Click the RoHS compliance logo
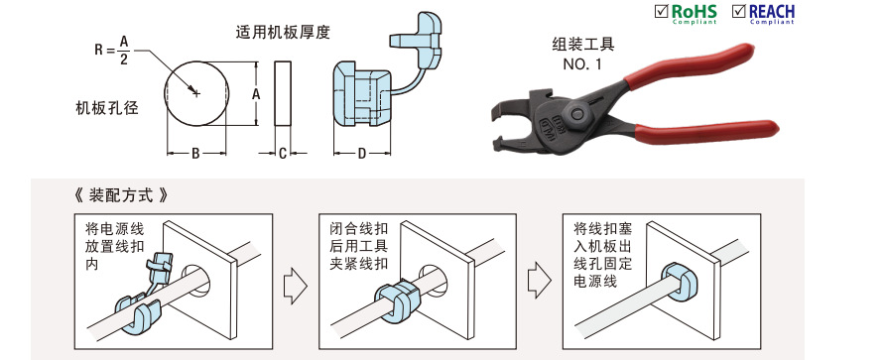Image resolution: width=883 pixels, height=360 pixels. click(686, 13)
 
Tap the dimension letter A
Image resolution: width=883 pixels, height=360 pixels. click(256, 92)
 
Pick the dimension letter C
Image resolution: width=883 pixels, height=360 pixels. click(282, 154)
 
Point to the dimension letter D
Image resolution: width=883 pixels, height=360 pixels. click(361, 154)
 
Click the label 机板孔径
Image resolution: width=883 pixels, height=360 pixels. click(107, 107)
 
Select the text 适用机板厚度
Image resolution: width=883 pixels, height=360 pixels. click(283, 32)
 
